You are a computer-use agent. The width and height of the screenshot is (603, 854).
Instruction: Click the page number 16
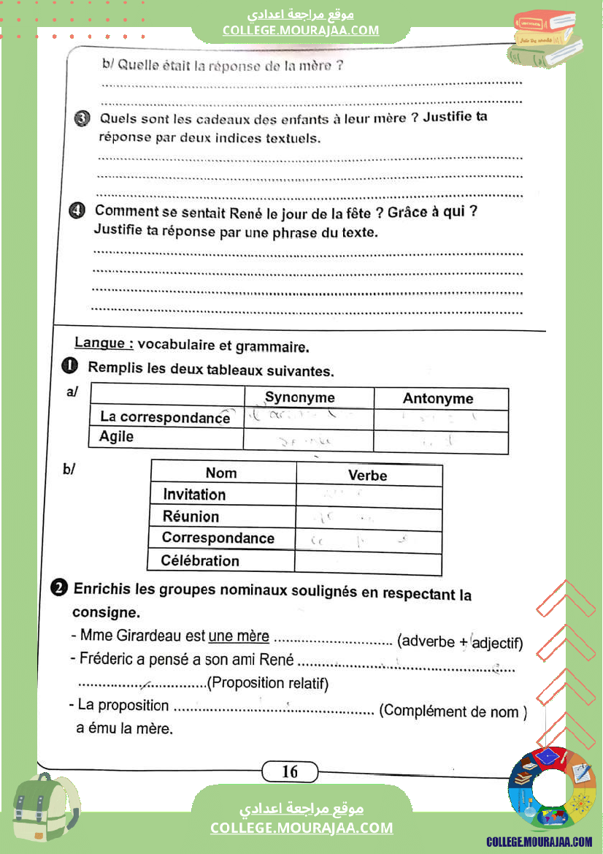click(290, 771)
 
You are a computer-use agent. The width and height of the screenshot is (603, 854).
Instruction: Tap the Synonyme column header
click(299, 397)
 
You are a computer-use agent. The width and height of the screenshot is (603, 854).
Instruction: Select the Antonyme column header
click(438, 399)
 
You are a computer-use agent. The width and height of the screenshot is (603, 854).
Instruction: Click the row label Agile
click(117, 437)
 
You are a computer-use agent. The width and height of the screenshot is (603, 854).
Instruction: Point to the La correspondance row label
click(165, 417)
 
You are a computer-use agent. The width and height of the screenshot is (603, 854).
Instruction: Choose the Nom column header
click(220, 473)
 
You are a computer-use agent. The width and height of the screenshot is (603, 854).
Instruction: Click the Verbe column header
click(367, 476)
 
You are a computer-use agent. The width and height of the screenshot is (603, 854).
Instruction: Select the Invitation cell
click(194, 495)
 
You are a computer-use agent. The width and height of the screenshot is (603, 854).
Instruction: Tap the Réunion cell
click(191, 516)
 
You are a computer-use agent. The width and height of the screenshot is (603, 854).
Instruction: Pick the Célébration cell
click(200, 561)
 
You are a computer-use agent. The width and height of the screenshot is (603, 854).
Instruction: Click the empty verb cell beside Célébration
click(368, 563)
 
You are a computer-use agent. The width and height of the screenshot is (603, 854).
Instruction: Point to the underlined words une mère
click(239, 636)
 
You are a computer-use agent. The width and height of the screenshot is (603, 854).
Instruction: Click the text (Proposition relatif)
click(268, 684)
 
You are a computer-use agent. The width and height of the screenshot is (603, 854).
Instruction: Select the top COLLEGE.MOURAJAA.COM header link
click(301, 30)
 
